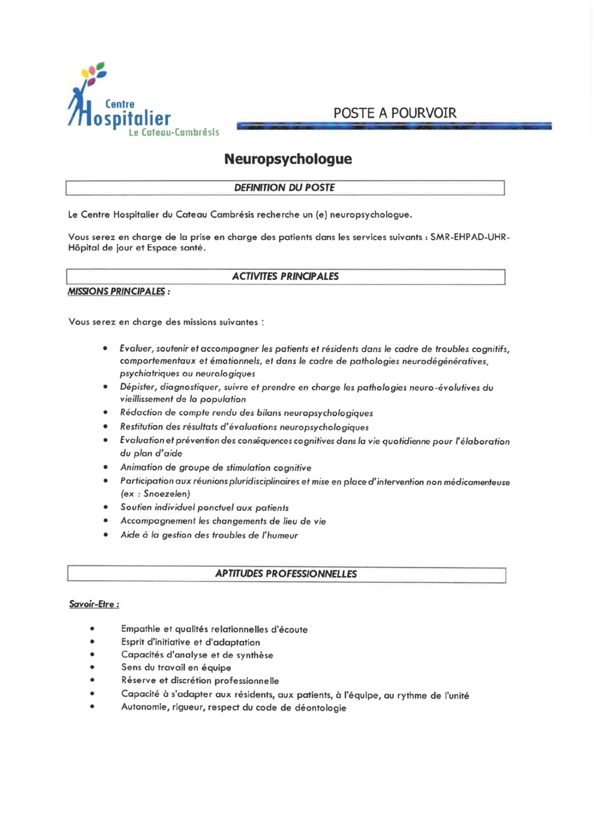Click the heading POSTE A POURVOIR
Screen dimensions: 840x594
[x=395, y=113]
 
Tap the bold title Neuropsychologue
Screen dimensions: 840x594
[x=288, y=160]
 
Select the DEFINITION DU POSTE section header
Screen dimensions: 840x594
[x=285, y=188]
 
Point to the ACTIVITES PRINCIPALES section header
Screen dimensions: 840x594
[x=285, y=276]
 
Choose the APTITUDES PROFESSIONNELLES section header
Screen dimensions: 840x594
[x=285, y=574]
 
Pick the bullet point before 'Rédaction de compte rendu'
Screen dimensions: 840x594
[x=104, y=413]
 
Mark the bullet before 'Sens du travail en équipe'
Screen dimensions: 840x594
[x=92, y=668]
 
